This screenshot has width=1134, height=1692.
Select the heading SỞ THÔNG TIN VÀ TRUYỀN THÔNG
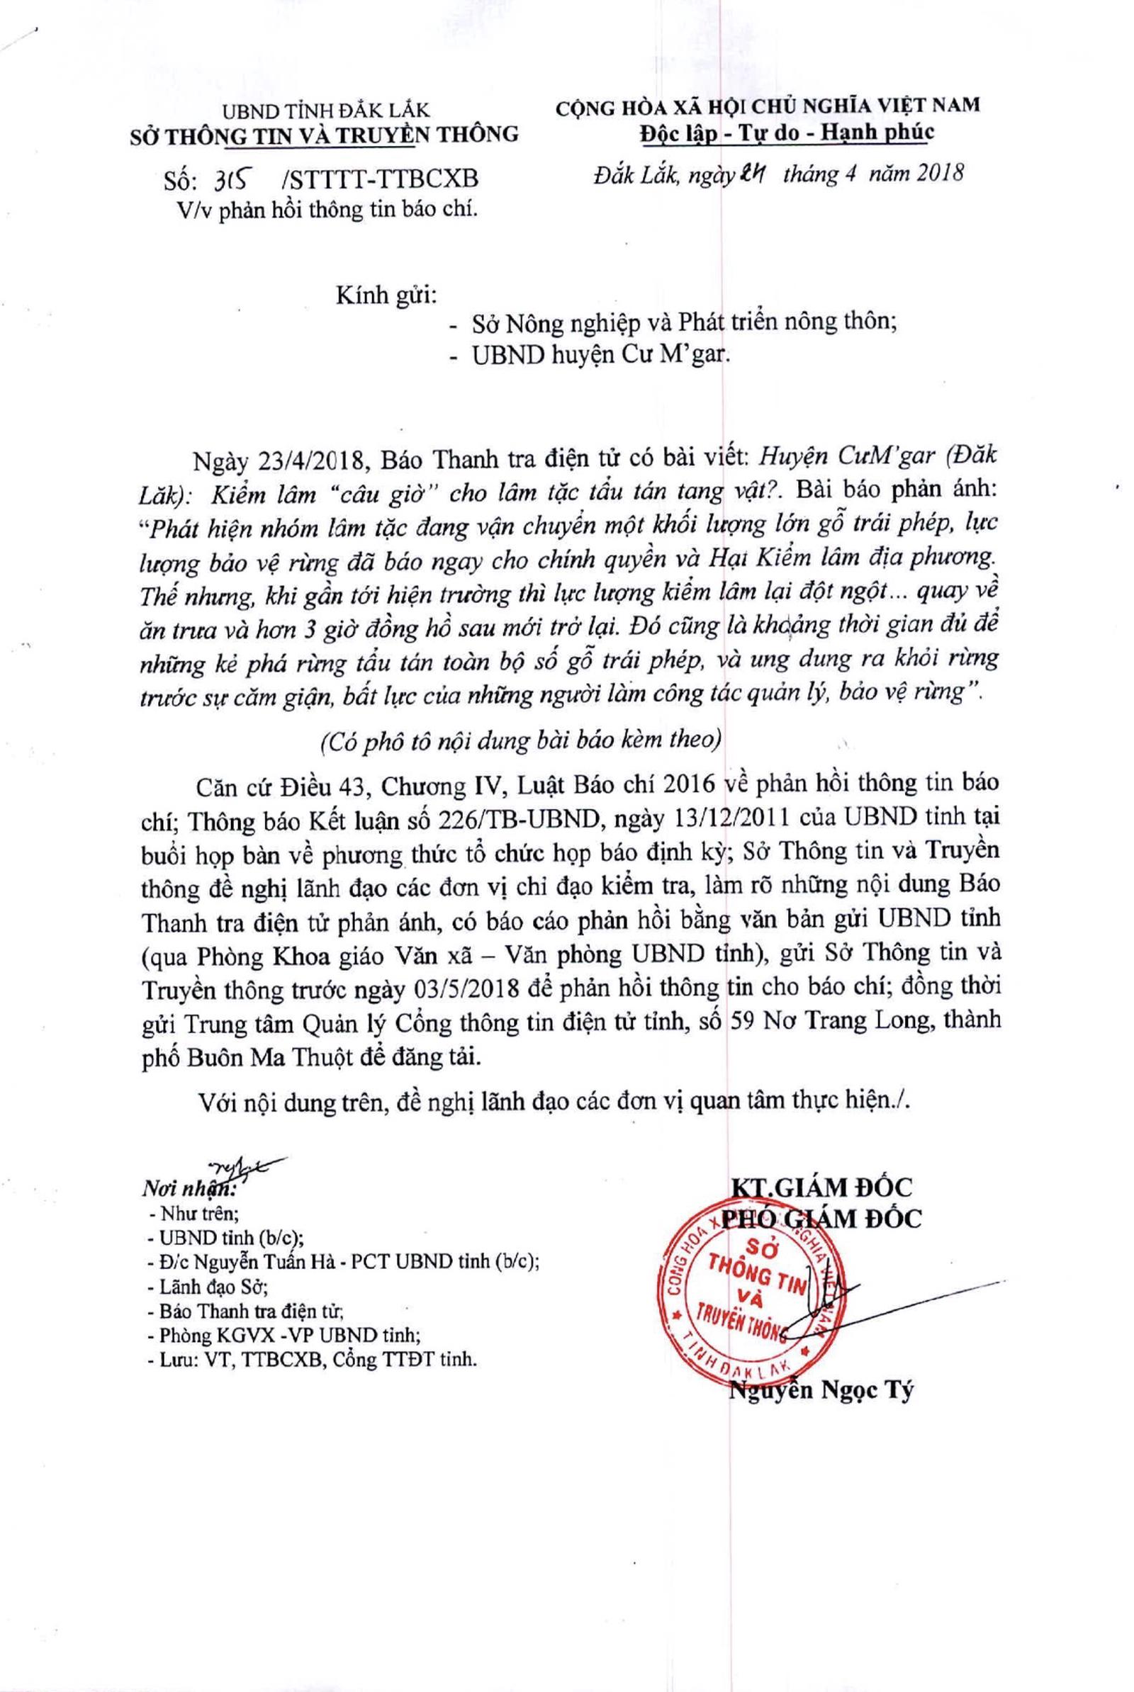[324, 135]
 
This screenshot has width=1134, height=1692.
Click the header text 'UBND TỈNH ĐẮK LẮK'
[325, 111]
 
